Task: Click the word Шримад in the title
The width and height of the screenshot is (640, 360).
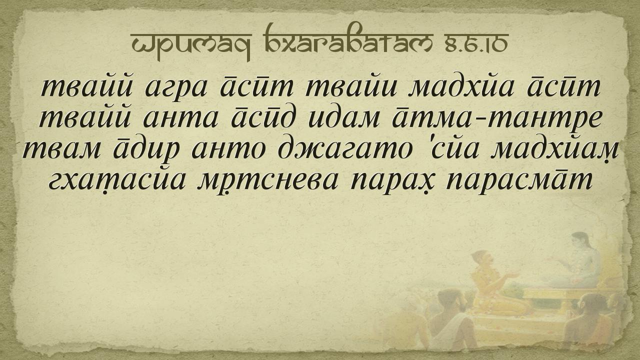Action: (x=191, y=45)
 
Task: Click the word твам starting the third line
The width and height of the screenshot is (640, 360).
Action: (x=61, y=150)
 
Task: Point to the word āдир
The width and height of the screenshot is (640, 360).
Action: (x=146, y=150)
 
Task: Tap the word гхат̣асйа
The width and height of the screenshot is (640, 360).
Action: (x=117, y=180)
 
